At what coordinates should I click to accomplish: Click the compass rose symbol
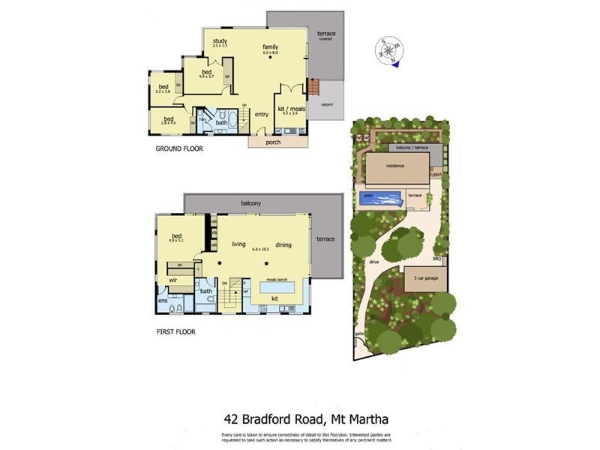tap(388, 52)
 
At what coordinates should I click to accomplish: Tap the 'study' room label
tap(220, 40)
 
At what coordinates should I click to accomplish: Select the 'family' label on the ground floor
tap(270, 46)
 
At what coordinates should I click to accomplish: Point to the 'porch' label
tap(273, 142)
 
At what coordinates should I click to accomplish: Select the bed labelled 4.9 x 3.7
tap(206, 72)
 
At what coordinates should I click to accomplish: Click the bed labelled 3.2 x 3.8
tap(163, 87)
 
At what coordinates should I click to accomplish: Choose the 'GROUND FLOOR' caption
tap(179, 148)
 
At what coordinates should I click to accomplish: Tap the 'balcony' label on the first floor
tap(250, 203)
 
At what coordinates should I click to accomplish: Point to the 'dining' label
tap(283, 244)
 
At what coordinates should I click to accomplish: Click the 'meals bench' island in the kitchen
tap(277, 286)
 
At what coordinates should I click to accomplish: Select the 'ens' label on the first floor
tap(162, 301)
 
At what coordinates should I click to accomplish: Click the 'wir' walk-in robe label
tap(172, 280)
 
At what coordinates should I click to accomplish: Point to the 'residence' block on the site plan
tap(394, 166)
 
